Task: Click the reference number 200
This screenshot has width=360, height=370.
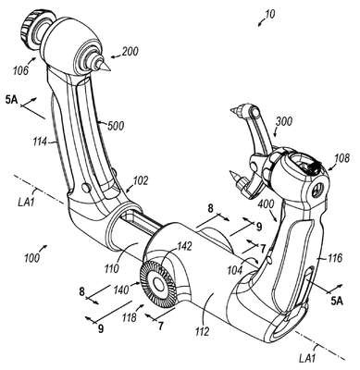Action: (x=130, y=52)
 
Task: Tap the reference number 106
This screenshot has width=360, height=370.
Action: (x=20, y=70)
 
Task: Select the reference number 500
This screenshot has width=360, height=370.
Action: (x=116, y=126)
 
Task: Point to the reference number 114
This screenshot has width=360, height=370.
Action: (x=41, y=142)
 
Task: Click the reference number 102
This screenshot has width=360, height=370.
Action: (x=140, y=180)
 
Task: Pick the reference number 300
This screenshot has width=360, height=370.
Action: (x=284, y=121)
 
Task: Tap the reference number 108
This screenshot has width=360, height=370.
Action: (x=341, y=158)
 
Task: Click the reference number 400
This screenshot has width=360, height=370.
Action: (x=267, y=204)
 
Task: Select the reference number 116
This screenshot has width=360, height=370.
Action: (x=335, y=258)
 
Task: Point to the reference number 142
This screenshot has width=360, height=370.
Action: (x=183, y=247)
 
